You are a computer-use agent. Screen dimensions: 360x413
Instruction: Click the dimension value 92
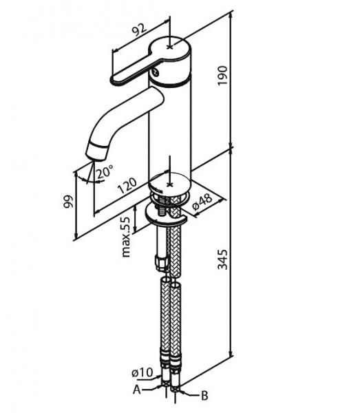(x=139, y=30)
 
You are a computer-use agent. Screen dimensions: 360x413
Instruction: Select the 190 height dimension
(x=223, y=75)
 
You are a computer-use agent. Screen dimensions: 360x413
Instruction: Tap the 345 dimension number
(x=223, y=260)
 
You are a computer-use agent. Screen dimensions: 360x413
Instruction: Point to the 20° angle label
(x=105, y=172)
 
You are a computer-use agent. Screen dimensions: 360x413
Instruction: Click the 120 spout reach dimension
(x=127, y=185)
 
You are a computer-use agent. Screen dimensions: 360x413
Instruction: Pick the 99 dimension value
(x=68, y=201)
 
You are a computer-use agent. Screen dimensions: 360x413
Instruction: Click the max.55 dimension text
(x=126, y=237)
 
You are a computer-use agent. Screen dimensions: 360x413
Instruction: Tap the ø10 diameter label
(x=142, y=372)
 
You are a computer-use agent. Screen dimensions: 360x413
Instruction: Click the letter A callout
(x=137, y=390)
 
